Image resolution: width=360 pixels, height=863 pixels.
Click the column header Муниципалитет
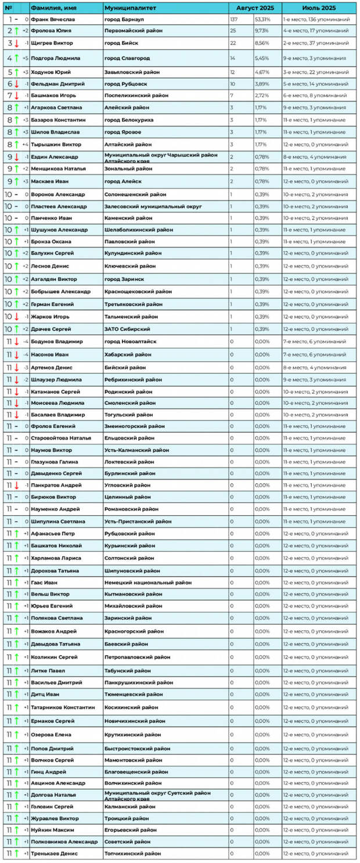pos(124,8)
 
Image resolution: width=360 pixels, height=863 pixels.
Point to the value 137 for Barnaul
pos(235,19)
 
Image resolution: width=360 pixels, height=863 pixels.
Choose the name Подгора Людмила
pos(55,58)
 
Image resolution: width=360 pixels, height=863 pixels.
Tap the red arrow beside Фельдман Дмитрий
pos(17,84)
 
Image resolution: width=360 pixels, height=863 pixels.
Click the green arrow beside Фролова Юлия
pos(17,30)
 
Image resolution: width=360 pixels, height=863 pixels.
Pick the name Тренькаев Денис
pos(54,854)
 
